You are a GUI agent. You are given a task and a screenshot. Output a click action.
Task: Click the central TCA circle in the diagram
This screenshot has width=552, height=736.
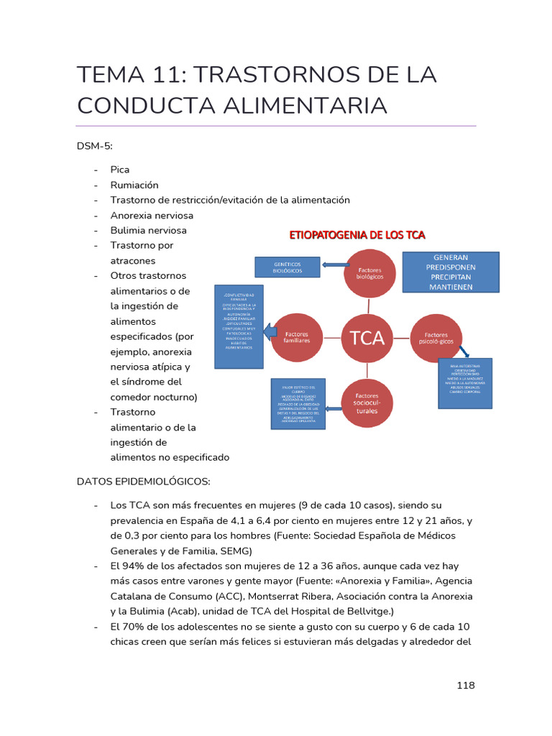point(367,337)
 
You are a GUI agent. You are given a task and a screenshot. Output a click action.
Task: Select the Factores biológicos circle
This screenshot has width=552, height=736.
point(369,273)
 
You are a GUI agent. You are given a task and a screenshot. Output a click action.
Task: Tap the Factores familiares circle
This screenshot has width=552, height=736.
point(297,337)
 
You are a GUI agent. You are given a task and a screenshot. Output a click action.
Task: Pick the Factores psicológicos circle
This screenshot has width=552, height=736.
point(436,337)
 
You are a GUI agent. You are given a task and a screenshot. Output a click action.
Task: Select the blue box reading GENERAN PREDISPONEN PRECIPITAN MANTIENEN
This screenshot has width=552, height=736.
point(451,272)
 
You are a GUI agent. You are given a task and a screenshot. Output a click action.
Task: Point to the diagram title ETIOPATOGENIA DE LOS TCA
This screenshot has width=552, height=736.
point(357,235)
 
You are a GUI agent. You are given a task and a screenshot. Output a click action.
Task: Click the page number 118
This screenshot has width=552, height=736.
point(466,685)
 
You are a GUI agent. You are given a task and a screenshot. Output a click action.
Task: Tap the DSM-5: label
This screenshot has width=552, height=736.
point(93,146)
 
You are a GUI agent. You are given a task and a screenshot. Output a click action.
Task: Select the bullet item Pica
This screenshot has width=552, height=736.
point(119,170)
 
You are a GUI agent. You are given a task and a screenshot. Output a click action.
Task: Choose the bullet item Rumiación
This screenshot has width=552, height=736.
point(134,185)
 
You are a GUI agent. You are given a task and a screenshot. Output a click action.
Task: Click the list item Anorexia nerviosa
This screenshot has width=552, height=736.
point(152,215)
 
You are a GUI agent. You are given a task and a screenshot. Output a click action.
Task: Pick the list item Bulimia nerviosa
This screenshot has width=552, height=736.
point(148,230)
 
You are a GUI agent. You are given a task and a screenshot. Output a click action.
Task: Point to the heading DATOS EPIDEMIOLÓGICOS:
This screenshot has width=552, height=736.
point(143,481)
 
